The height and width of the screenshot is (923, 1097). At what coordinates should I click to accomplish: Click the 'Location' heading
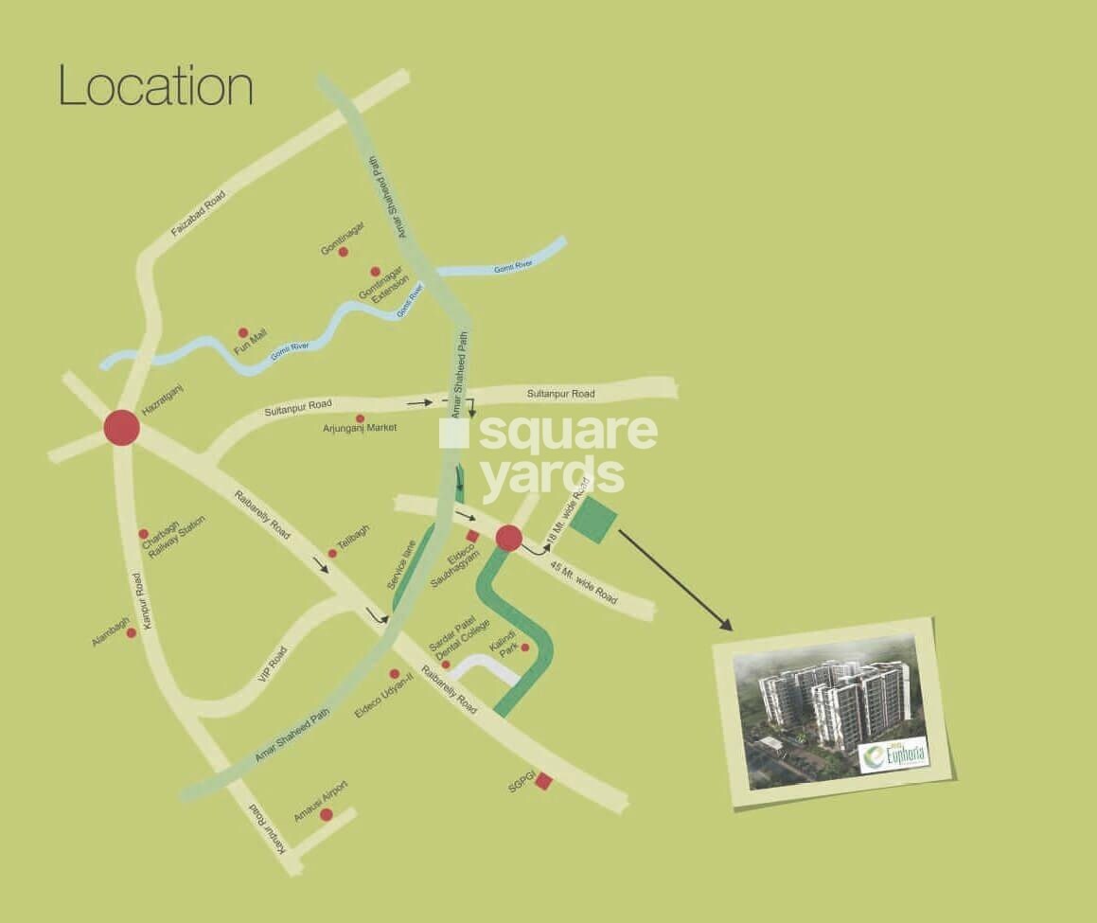coord(156,86)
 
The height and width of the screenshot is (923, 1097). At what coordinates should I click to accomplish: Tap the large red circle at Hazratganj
coord(121,428)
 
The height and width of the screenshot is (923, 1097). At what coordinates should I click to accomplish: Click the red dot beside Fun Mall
coord(243,333)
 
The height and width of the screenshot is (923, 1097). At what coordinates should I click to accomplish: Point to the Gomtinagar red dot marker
coord(343,252)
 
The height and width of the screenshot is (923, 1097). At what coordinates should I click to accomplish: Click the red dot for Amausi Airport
coord(326,814)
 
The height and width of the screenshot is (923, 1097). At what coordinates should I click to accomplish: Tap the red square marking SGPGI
coord(543,781)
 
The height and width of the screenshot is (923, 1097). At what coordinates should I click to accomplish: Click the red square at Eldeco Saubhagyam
coord(472,537)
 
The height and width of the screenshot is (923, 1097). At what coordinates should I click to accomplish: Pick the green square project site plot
coord(593,521)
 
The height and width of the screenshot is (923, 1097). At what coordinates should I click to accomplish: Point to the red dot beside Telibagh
coord(332,554)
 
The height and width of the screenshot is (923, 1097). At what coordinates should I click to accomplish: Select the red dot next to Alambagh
coord(132,632)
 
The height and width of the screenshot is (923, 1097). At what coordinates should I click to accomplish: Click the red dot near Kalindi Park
coord(524,648)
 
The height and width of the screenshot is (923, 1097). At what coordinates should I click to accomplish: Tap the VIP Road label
coord(272,666)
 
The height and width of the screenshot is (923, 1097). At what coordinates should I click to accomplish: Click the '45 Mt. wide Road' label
coord(584,583)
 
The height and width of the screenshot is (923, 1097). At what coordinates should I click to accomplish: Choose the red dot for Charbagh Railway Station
coord(143,534)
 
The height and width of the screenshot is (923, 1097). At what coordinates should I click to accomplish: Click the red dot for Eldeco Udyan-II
coord(394,674)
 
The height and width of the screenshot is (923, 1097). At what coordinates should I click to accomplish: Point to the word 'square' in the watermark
coord(568,434)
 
